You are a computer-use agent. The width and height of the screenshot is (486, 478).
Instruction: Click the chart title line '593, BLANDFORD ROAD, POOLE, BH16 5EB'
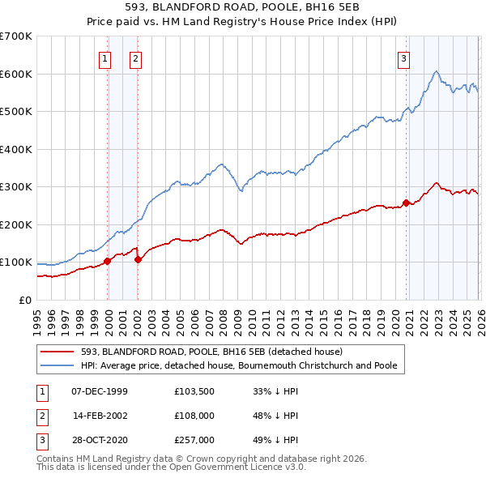tap(243, 8)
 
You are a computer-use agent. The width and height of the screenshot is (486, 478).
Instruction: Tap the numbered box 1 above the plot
tap(106, 58)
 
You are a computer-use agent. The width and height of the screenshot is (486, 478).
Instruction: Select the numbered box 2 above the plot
tap(135, 58)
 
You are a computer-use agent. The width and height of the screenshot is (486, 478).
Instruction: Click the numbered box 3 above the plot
tap(403, 58)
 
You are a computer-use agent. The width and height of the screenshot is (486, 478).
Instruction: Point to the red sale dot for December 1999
tap(107, 261)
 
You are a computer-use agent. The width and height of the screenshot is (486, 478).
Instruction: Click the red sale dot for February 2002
tap(138, 259)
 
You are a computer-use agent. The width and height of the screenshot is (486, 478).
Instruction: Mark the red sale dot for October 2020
tap(406, 203)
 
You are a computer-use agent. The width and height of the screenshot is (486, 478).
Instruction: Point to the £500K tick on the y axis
tap(16, 111)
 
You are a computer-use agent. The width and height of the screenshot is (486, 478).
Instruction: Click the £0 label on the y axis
tap(24, 300)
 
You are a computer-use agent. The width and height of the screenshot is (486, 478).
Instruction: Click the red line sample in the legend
tap(57, 352)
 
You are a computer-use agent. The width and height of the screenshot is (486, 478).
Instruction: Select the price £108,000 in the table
tap(194, 416)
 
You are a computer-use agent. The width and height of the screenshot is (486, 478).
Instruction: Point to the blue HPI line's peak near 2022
tap(436, 72)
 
